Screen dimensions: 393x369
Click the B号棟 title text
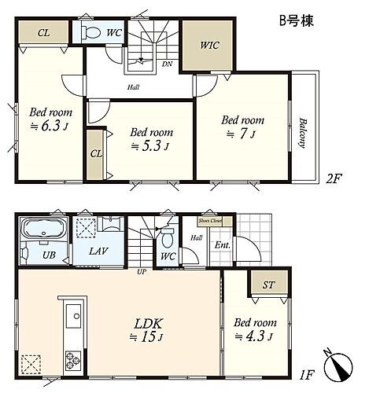[x=296, y=21]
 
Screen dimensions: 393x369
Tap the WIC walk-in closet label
[x=208, y=46]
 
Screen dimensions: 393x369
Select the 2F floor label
[x=334, y=178]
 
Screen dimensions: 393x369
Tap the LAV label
[x=98, y=251]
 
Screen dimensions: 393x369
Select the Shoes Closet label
[x=210, y=221]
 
